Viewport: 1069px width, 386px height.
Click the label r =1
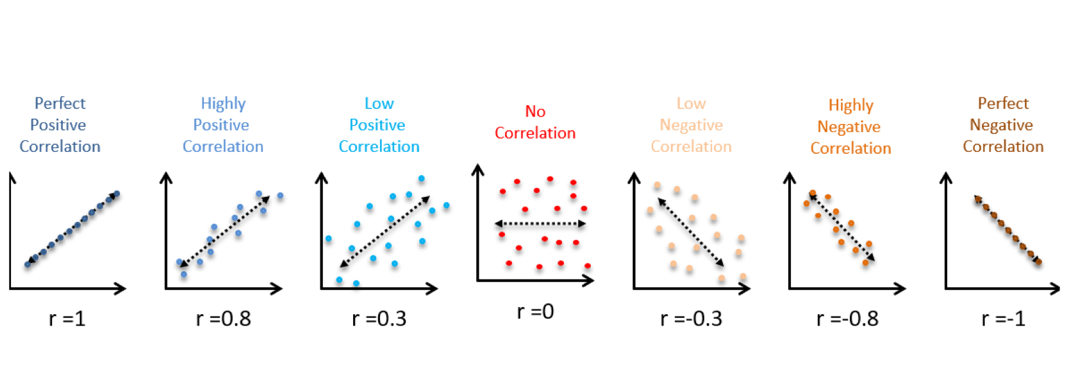(67, 319)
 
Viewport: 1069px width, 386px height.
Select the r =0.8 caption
(223, 319)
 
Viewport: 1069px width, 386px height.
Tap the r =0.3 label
(379, 319)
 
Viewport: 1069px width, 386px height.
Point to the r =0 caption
(535, 312)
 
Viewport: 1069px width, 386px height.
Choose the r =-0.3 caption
(691, 319)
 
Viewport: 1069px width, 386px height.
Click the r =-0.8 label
(847, 319)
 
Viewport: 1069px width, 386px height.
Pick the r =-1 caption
(1003, 319)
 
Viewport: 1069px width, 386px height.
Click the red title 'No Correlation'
(535, 122)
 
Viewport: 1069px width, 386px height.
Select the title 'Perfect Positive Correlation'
(60, 125)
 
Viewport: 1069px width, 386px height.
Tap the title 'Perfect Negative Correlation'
(1003, 125)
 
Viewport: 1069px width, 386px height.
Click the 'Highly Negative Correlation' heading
(850, 127)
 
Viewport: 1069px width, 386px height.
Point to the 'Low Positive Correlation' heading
(379, 125)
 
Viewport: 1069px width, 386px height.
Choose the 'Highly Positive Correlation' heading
(223, 125)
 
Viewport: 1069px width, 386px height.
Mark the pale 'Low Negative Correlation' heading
(691, 125)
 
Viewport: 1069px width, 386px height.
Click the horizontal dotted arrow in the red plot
(540, 224)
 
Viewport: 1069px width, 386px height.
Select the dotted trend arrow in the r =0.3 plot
(385, 231)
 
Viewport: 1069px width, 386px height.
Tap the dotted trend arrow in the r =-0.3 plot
(691, 232)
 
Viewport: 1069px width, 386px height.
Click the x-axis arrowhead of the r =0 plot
(589, 280)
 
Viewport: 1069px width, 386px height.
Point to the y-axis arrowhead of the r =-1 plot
(946, 176)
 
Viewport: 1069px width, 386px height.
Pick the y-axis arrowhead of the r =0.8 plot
(166, 176)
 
